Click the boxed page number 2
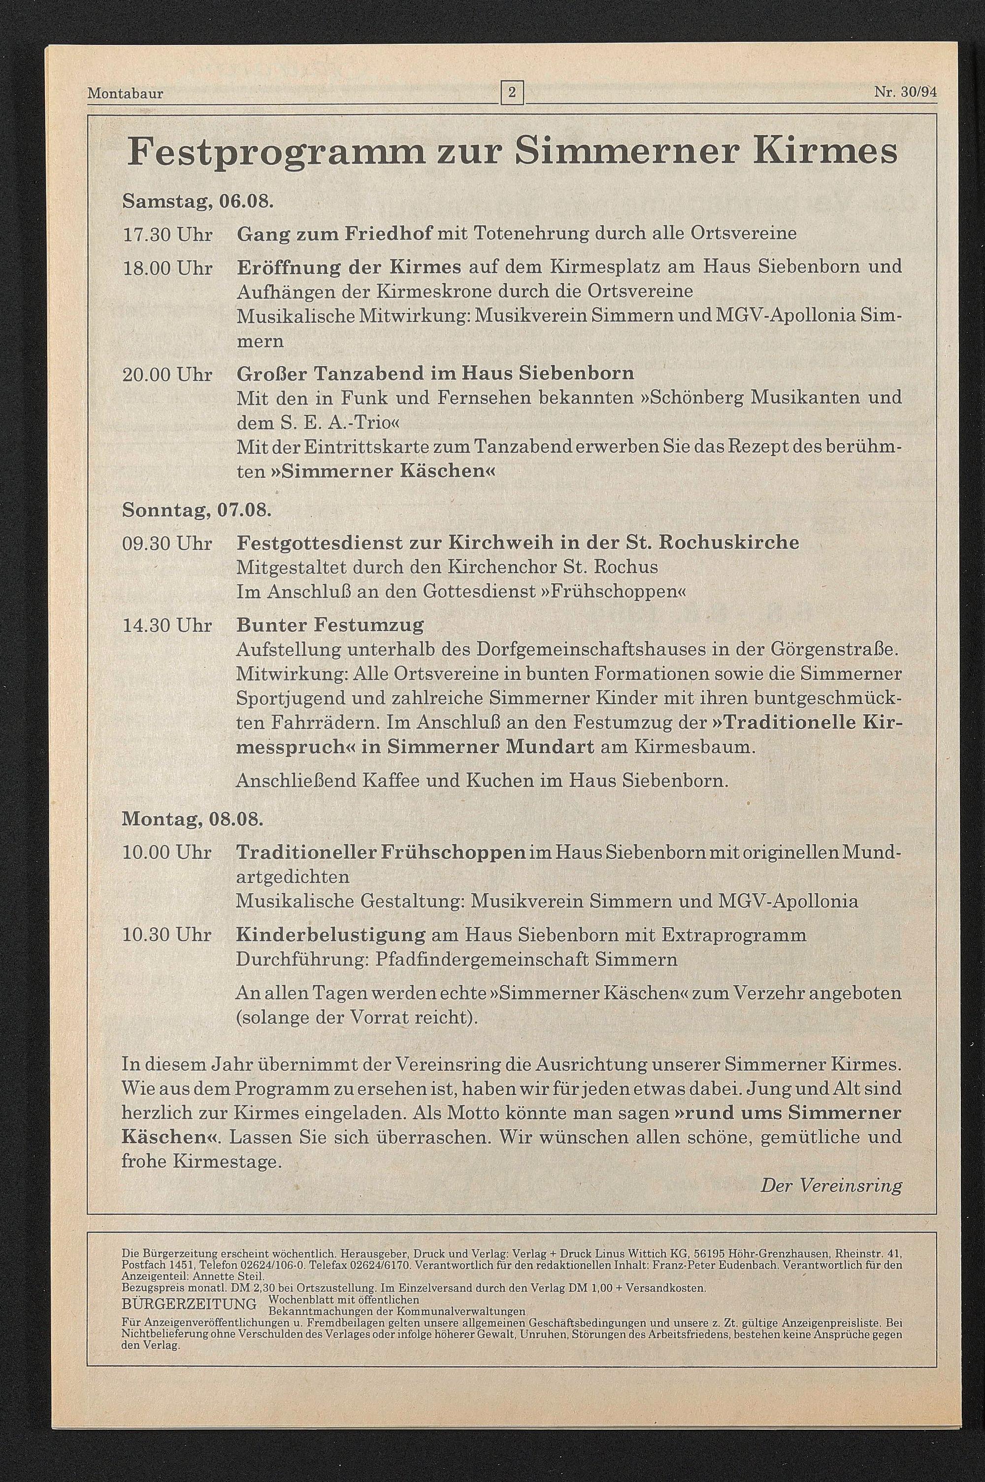512,94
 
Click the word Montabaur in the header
126,94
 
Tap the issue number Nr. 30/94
905,92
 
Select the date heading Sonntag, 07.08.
197,509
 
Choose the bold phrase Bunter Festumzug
330,626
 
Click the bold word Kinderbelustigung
331,935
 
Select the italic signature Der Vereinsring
831,1185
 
